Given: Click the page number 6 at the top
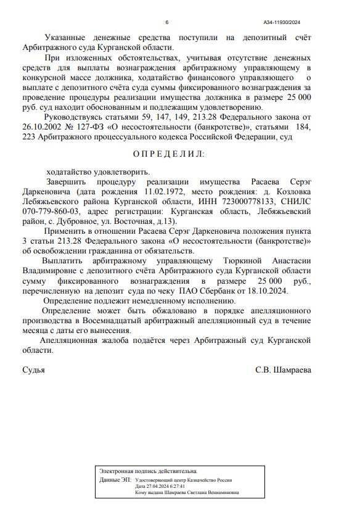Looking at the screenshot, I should (166, 22).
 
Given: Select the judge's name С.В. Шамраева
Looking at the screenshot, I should (283, 370).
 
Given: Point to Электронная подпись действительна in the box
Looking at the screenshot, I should (149, 471).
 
